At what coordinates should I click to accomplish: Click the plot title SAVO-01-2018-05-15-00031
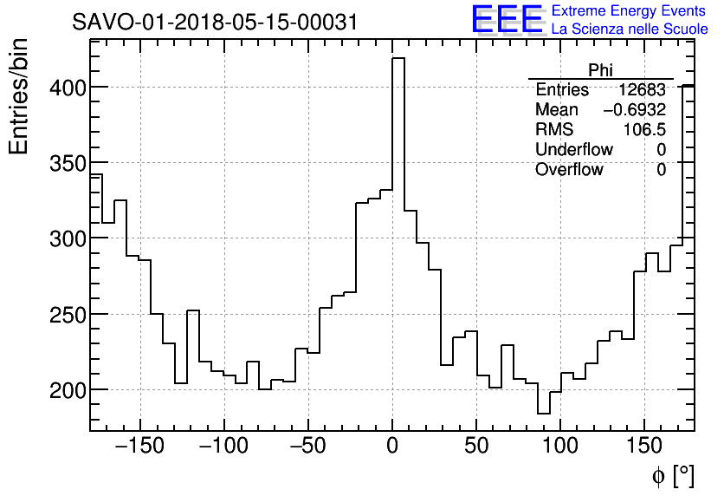(x=215, y=23)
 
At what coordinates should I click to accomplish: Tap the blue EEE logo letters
(x=507, y=20)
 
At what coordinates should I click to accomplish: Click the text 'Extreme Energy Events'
(x=629, y=11)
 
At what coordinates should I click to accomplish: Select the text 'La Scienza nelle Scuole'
(x=629, y=29)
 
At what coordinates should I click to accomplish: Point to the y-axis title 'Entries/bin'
(x=19, y=96)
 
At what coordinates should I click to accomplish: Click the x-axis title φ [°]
(x=673, y=475)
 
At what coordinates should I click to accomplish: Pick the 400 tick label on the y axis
(x=65, y=88)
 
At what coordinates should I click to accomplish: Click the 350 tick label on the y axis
(x=65, y=163)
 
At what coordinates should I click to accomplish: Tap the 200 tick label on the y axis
(x=65, y=390)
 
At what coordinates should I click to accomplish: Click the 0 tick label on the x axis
(x=392, y=447)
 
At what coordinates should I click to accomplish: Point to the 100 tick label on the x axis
(x=560, y=447)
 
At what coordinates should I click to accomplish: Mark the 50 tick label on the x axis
(x=476, y=447)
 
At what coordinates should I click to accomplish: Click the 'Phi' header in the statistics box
(x=600, y=70)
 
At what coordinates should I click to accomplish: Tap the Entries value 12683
(x=642, y=90)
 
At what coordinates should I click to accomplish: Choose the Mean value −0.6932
(x=634, y=110)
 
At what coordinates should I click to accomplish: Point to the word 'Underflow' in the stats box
(x=573, y=150)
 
